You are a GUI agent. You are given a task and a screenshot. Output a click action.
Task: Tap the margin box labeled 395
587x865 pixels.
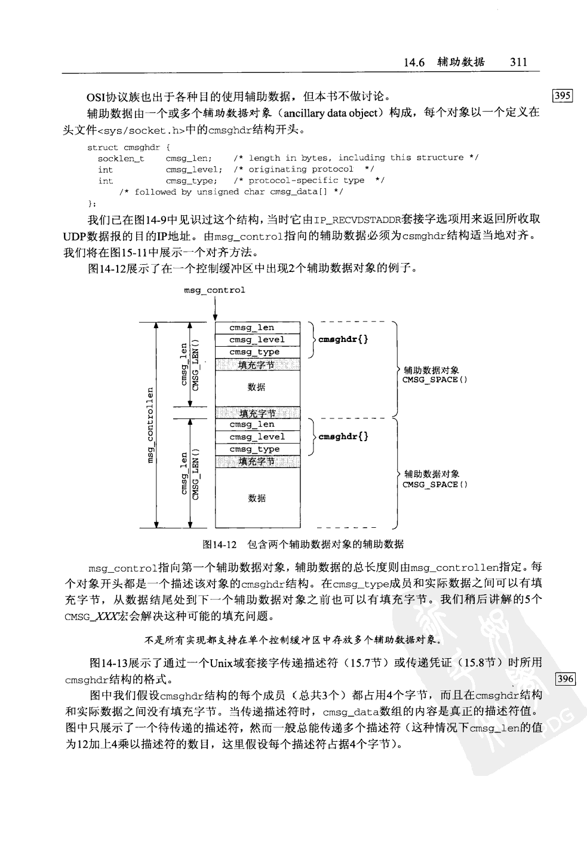click(x=563, y=96)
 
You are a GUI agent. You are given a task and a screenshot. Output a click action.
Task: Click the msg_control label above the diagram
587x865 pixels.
click(x=214, y=291)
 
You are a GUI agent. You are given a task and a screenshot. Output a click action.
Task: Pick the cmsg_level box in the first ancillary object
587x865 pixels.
click(x=257, y=340)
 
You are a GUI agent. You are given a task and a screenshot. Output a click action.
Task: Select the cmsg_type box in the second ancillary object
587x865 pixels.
click(x=257, y=450)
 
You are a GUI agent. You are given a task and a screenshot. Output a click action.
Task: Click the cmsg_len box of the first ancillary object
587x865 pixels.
click(x=257, y=328)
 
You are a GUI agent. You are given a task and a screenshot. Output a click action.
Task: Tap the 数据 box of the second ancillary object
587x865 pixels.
click(x=257, y=498)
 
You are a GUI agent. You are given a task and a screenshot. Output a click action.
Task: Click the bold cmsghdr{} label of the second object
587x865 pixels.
click(x=343, y=437)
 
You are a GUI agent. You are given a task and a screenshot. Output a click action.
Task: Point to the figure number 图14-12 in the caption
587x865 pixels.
click(x=220, y=545)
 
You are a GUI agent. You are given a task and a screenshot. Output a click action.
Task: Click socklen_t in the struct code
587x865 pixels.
click(x=121, y=158)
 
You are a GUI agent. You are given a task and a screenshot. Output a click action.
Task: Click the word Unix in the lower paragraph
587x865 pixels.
click(x=222, y=663)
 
